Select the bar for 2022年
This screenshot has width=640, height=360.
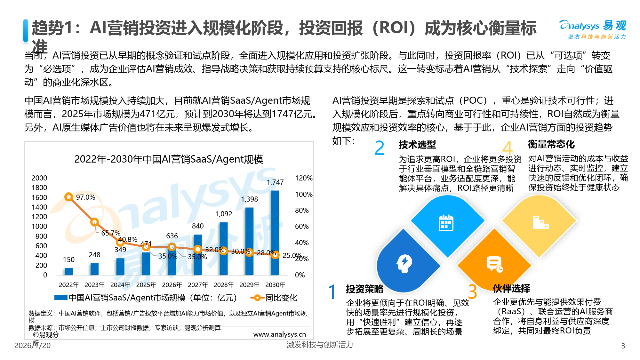(x=68, y=271)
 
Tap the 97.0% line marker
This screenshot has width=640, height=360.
(x=68, y=197)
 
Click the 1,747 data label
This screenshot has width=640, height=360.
(x=275, y=182)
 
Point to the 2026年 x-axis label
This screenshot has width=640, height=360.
(x=172, y=285)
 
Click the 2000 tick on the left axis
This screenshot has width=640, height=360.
(x=39, y=178)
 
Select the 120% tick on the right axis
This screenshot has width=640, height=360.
(x=303, y=178)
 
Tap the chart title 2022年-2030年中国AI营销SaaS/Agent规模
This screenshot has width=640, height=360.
(x=169, y=159)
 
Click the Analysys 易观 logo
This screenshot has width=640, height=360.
(x=592, y=29)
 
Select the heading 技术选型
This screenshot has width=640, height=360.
(x=417, y=145)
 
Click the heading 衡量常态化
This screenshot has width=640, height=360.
(x=551, y=144)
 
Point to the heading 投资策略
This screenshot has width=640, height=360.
(x=364, y=289)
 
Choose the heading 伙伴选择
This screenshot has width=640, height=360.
(x=511, y=288)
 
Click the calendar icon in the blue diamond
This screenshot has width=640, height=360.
(x=446, y=223)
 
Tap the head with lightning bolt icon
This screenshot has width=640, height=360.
(x=404, y=263)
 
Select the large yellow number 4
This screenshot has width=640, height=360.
(x=507, y=148)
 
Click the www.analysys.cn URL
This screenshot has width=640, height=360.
(x=279, y=334)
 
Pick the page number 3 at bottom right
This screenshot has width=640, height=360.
(x=623, y=346)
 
